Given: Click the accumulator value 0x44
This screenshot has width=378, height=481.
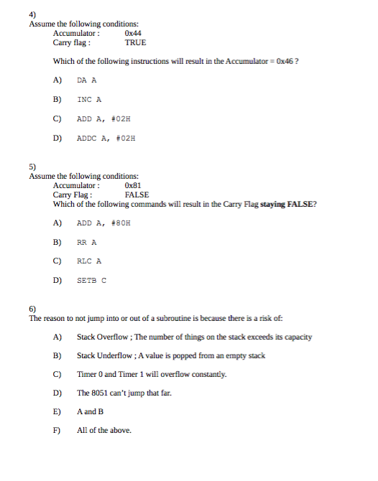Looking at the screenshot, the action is click(x=133, y=33).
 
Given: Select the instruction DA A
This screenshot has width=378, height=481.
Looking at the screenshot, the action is click(x=87, y=81).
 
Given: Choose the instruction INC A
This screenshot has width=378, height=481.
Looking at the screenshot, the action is click(x=89, y=100).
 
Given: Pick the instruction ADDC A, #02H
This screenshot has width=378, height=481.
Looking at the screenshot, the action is click(x=106, y=138).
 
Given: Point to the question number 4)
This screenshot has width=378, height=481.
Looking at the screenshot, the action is click(x=33, y=14).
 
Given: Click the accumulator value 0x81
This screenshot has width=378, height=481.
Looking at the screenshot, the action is click(x=133, y=185).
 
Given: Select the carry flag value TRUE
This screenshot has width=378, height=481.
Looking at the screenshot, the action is click(x=135, y=42).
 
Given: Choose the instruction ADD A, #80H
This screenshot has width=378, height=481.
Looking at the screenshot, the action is click(x=103, y=223).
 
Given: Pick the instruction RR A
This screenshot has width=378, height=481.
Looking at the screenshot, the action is click(x=87, y=243).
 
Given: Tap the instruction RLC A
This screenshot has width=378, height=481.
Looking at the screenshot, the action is click(x=89, y=261).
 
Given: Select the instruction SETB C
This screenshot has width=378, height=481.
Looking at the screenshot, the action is click(x=91, y=281).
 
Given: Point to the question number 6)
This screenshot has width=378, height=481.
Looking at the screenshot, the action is click(x=33, y=309).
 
